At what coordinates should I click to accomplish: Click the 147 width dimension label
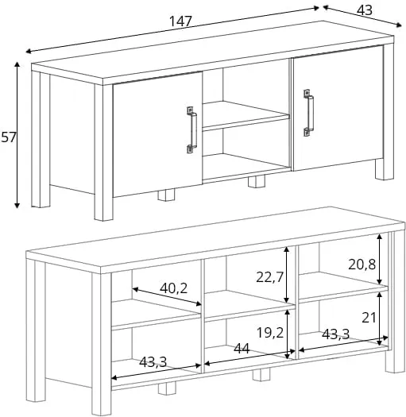180,21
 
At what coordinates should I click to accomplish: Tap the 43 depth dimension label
365,10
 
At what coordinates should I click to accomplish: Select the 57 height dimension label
9,137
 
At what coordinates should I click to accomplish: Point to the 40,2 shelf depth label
173,288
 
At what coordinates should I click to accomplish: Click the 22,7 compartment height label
269,277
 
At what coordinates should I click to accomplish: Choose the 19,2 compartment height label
270,333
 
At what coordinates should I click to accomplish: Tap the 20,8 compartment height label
362,264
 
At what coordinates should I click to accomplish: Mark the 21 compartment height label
369,318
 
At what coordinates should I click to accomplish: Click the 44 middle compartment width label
242,349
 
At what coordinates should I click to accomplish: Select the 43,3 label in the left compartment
153,362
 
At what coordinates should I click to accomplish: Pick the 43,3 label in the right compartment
335,334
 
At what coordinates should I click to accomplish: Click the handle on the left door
192,129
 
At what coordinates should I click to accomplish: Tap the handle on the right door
308,113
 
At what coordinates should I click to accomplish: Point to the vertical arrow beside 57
17,135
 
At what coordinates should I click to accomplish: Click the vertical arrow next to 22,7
286,275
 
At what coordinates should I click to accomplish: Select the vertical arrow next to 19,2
288,334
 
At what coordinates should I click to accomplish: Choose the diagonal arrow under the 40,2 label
167,296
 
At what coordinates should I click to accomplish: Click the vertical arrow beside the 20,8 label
380,259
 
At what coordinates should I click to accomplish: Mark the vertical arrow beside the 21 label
380,318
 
